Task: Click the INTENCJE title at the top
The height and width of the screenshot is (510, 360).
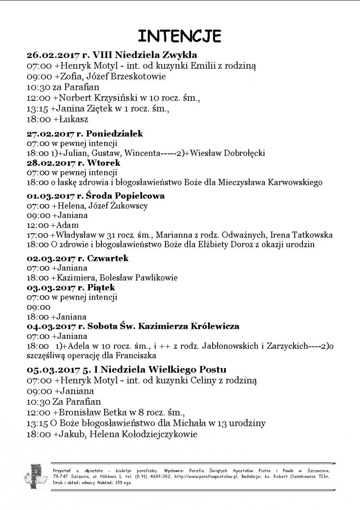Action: coord(180,36)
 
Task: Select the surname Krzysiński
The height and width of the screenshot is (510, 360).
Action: coord(111,98)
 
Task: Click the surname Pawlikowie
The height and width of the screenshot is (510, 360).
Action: coord(151,278)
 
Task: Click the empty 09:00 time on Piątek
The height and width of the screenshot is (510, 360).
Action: coord(38,307)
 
